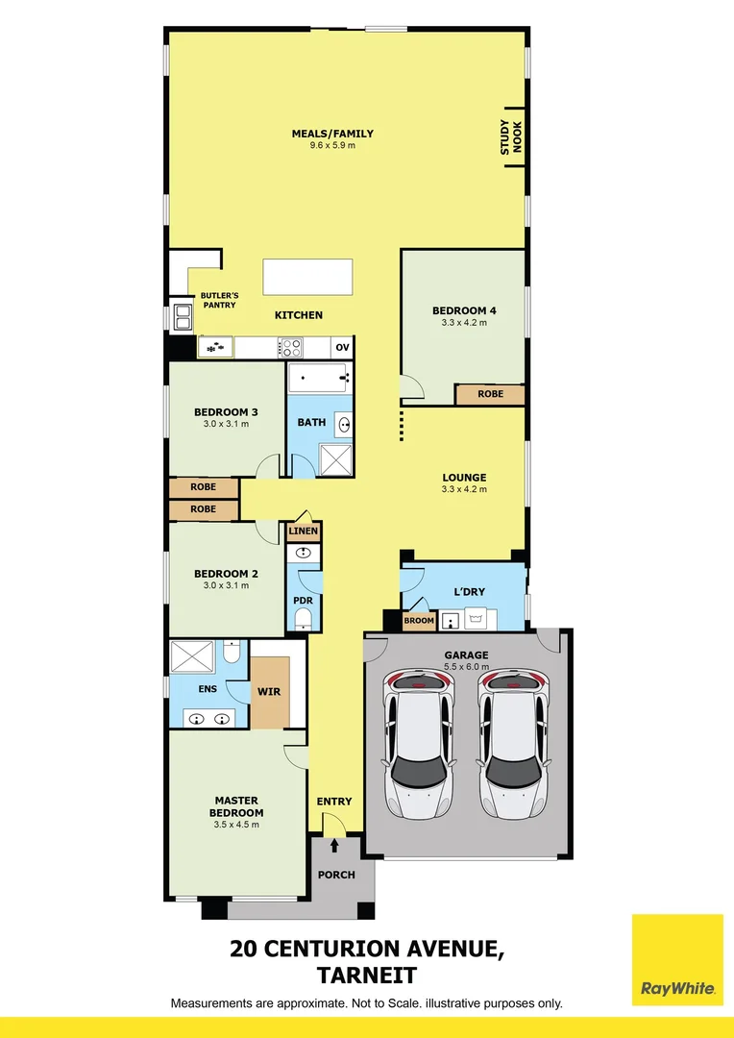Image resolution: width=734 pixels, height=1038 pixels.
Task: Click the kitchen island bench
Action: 308,277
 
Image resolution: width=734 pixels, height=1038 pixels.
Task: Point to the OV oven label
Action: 342,347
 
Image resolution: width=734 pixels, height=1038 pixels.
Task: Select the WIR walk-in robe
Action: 269,691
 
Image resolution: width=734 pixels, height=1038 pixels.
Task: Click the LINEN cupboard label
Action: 304,531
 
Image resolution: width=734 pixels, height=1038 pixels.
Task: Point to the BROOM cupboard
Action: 419,621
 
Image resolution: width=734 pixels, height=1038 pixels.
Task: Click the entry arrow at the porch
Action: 334,847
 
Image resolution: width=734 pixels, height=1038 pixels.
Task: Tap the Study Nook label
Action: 511,137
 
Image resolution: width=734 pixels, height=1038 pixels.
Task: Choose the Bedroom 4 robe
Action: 490,394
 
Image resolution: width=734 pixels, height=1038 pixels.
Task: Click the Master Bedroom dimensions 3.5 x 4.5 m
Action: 236,825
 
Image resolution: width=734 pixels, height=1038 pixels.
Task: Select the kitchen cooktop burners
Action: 291,347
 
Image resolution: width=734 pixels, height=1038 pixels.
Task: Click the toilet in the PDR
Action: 304,617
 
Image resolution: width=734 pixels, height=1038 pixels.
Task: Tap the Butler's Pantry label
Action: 218,301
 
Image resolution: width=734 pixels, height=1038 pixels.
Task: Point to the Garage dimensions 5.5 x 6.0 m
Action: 466,667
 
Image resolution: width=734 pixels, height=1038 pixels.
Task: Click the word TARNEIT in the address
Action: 366,976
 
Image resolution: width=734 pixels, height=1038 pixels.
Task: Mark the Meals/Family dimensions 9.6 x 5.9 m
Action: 332,146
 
